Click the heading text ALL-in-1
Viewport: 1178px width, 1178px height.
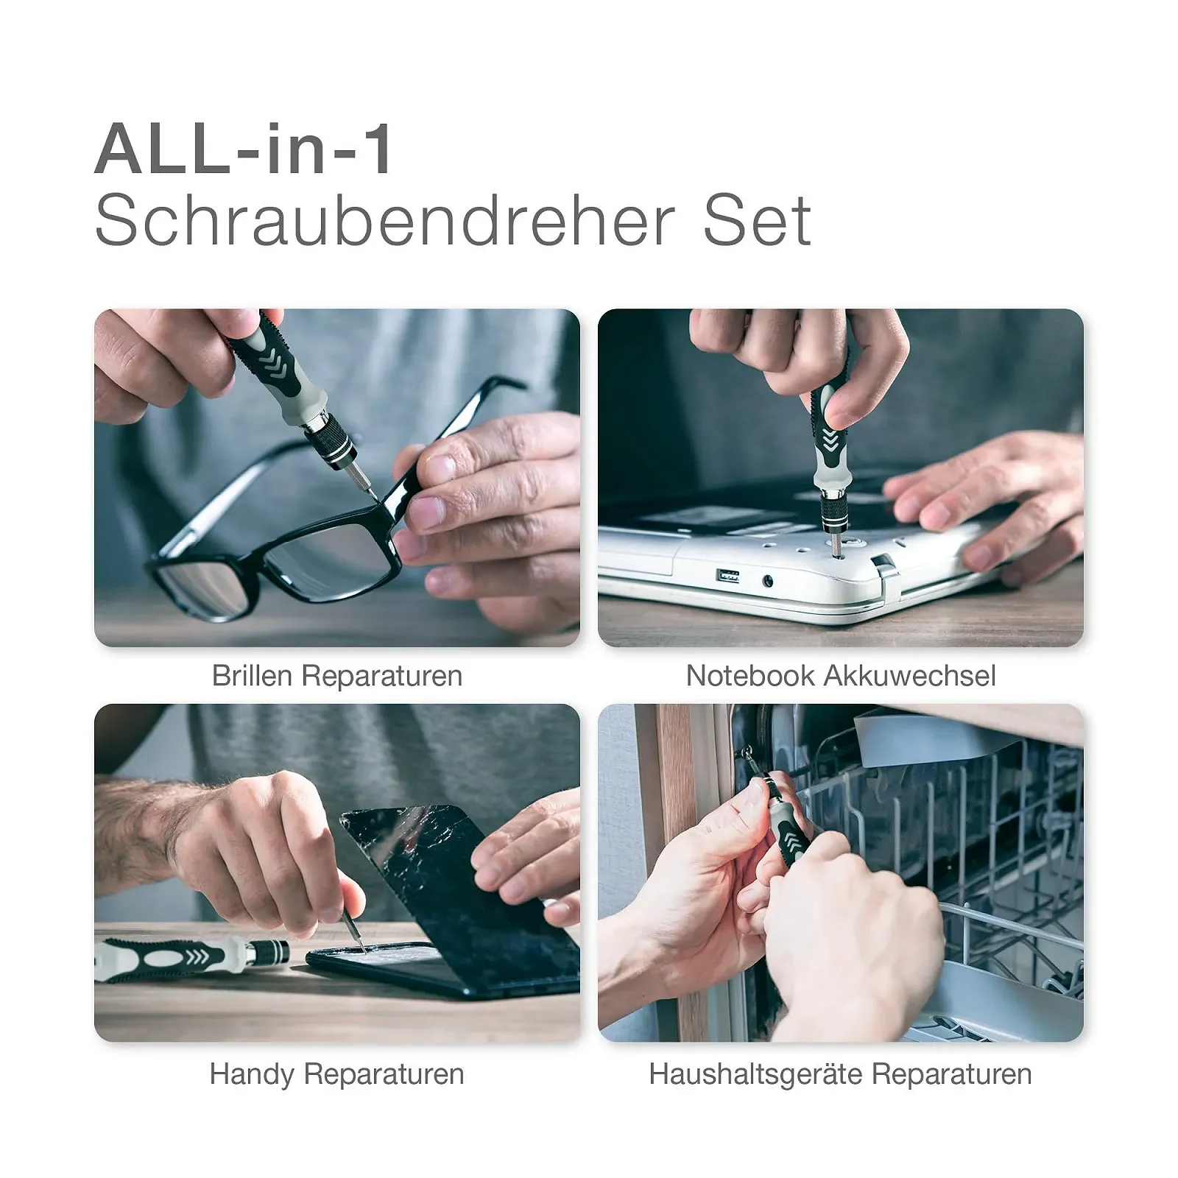pos(244,149)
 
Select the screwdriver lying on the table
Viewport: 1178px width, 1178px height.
pos(192,959)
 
